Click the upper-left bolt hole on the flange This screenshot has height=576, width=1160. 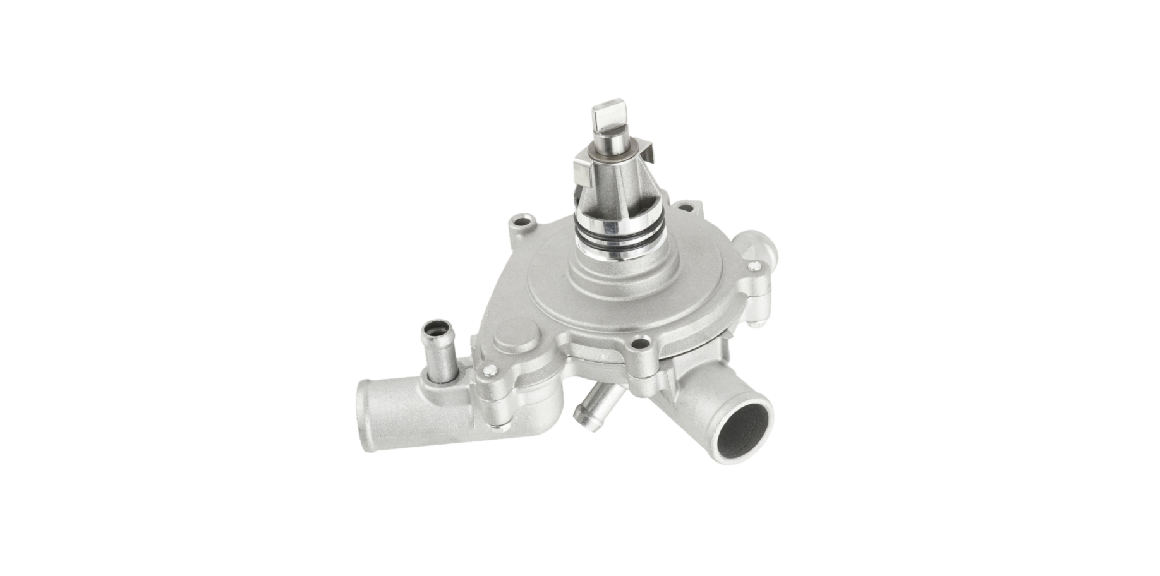click(x=522, y=222)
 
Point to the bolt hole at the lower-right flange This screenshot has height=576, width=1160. click(x=640, y=345)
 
